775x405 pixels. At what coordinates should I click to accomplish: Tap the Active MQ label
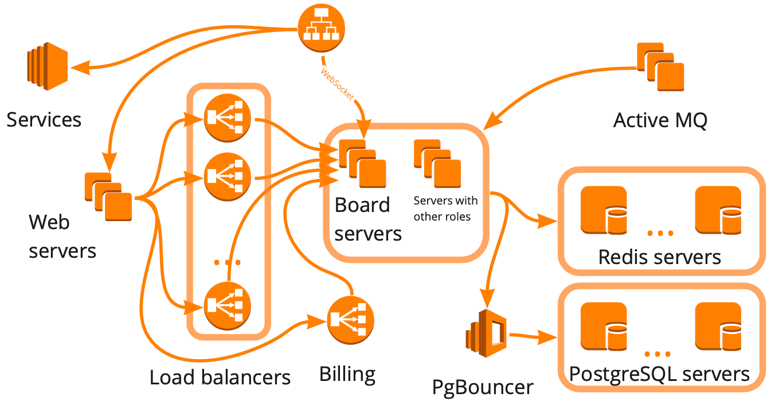point(660,120)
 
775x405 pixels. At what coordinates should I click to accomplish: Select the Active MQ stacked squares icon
point(661,67)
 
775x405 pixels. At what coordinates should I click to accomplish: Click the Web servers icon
point(109,196)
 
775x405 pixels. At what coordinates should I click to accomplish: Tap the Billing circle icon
point(350,320)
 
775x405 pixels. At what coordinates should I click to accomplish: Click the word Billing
point(347,375)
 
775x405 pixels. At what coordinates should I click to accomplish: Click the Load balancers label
point(220,378)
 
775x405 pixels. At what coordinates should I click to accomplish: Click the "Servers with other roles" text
point(445,209)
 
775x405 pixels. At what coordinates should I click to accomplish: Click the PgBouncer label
point(483,387)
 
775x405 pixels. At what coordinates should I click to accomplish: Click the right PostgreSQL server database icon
point(718,327)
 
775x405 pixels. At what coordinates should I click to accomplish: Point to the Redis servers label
point(659,257)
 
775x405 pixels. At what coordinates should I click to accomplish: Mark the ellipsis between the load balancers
point(227,262)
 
